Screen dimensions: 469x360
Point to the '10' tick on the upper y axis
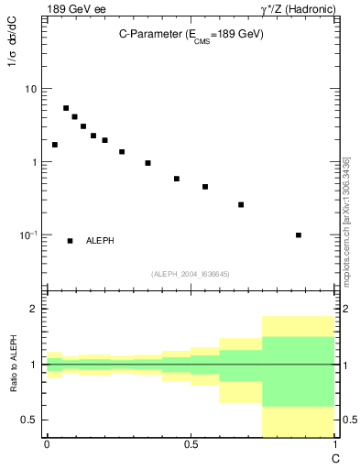point(30,89)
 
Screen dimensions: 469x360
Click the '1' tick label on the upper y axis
point(34,162)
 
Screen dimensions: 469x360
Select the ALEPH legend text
point(100,241)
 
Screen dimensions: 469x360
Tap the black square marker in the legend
point(70,241)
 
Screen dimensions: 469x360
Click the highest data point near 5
point(66,108)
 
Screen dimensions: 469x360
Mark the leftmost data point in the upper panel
point(55,145)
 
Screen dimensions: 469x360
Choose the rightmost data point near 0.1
point(299,234)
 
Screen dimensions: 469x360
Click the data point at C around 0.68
point(241,204)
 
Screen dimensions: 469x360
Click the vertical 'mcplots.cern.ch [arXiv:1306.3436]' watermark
point(344,220)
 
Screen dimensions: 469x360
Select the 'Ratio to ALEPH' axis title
point(15,364)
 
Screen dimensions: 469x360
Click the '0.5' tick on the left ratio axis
point(29,420)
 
